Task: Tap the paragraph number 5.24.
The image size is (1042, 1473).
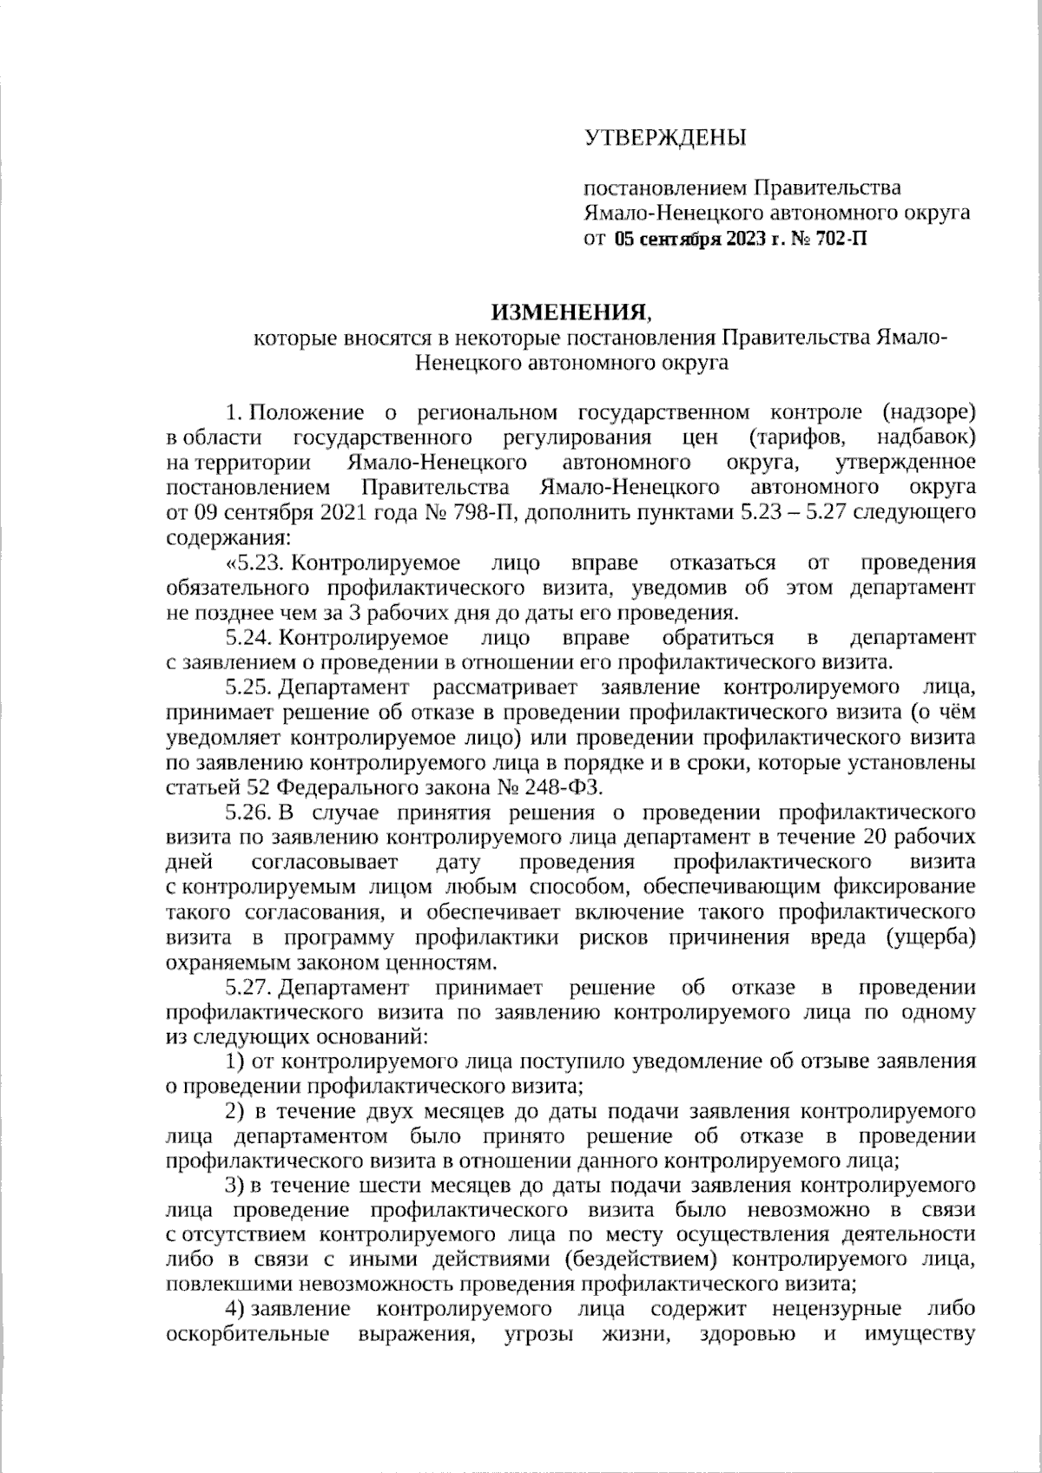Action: coord(250,638)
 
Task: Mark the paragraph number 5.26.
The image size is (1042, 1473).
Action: coord(250,812)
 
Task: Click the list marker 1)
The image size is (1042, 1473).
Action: coord(235,1061)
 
